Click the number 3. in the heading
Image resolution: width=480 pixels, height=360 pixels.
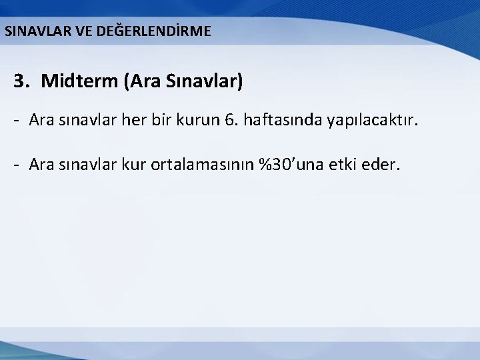[x=23, y=82]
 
